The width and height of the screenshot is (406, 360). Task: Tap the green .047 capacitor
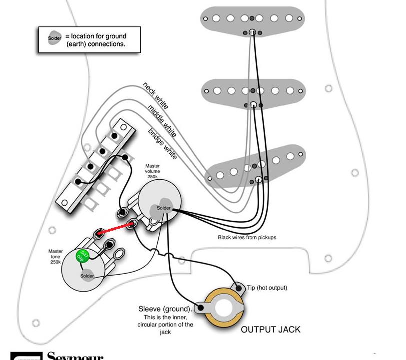click(x=83, y=257)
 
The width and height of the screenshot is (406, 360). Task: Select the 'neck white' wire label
click(x=155, y=96)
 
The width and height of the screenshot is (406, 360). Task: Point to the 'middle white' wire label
click(x=162, y=121)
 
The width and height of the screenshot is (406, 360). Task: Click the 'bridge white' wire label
click(x=162, y=144)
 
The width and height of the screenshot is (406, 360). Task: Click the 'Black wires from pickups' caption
click(x=247, y=237)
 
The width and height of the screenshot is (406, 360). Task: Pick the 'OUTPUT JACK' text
click(x=271, y=330)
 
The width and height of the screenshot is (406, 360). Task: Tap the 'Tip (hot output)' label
click(x=267, y=288)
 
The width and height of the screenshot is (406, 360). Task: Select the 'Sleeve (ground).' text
click(x=165, y=309)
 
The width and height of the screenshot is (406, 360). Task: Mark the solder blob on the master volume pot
click(x=163, y=208)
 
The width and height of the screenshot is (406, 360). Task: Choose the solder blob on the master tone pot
click(x=87, y=275)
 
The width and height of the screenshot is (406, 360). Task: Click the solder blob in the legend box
click(x=55, y=38)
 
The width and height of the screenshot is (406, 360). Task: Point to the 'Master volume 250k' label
click(x=153, y=171)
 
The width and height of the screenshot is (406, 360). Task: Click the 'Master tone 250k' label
click(x=55, y=257)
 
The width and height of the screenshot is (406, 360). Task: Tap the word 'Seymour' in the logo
click(x=75, y=357)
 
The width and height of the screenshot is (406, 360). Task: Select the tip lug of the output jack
click(x=237, y=288)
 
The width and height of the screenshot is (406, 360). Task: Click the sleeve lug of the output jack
click(x=201, y=308)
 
